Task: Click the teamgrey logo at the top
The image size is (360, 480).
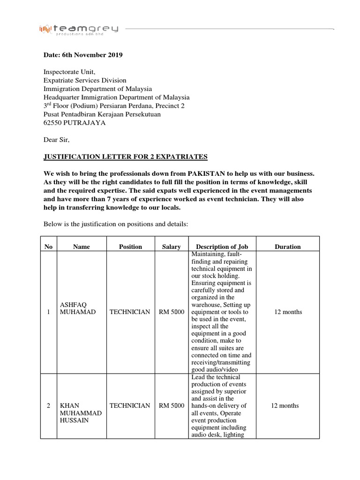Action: [79, 30]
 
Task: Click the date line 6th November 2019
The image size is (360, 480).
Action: [83, 55]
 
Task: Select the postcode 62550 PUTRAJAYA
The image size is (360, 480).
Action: [75, 123]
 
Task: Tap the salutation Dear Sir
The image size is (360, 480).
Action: [56, 140]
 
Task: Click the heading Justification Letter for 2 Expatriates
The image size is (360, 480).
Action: [125, 157]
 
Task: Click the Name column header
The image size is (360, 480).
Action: [82, 247]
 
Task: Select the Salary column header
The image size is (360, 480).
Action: [171, 247]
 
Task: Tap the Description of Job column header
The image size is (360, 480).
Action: [222, 247]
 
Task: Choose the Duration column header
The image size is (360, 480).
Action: [287, 247]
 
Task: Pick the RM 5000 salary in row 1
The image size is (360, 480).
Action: [171, 312]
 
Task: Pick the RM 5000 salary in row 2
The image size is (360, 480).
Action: [171, 405]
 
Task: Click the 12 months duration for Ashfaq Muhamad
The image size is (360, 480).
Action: [287, 312]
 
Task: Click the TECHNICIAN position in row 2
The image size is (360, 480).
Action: [129, 405]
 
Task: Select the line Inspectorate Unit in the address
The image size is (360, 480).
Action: [69, 72]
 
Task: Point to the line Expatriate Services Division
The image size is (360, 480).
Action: [85, 81]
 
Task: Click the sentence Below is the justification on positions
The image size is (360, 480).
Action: [116, 224]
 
